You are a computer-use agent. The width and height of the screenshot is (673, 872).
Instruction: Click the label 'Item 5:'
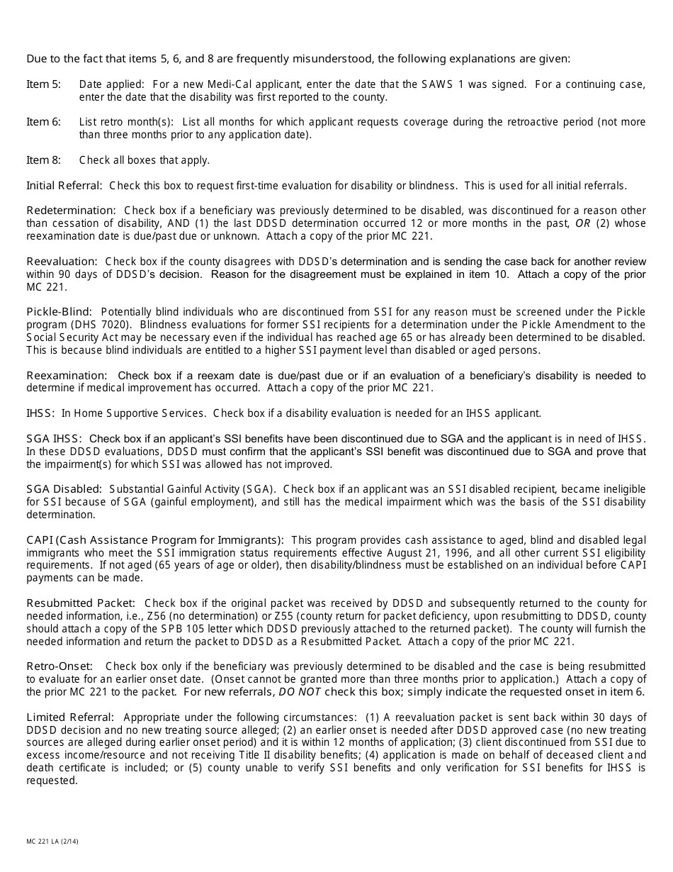click(43, 84)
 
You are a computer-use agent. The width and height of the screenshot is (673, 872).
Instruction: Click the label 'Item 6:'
click(43, 122)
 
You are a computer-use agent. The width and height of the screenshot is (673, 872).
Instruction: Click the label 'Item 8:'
click(43, 160)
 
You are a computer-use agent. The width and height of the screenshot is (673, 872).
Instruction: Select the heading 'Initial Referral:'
click(64, 186)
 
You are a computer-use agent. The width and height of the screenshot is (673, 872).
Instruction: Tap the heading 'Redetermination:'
click(71, 211)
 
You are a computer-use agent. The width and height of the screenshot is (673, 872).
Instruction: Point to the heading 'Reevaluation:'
click(62, 262)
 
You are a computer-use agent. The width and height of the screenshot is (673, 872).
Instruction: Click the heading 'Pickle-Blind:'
click(60, 312)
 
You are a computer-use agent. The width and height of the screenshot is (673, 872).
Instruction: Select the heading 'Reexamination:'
click(67, 375)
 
